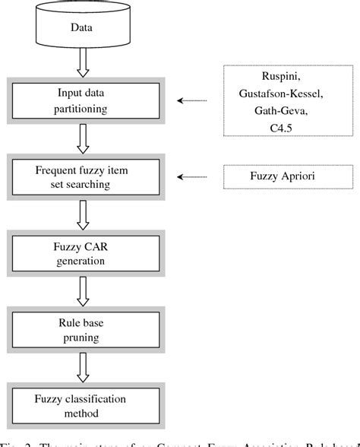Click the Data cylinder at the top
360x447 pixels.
coord(83,28)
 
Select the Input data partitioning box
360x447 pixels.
coord(84,101)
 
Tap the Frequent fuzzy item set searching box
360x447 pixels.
coord(84,177)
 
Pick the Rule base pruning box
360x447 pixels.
coord(84,326)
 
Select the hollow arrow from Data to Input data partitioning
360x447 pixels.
coord(83,64)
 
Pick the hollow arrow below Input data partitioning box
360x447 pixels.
coord(83,139)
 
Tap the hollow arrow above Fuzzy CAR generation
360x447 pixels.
coord(83,216)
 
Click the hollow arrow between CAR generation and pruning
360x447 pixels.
coord(83,290)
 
